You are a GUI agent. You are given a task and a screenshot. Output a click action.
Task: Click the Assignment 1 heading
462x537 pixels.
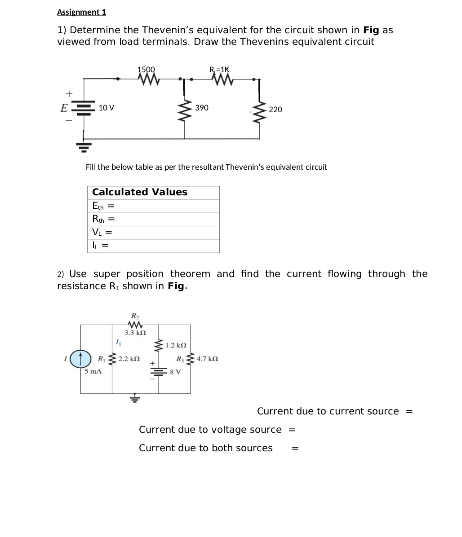coord(81,12)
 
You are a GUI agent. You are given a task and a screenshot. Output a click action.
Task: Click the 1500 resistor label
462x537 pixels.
coord(146,70)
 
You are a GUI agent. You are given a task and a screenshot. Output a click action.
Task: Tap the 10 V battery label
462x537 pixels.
coord(107,108)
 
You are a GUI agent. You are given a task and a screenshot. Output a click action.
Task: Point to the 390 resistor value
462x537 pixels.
coord(202,108)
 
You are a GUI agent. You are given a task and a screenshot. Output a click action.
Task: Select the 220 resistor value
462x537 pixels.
coord(275,110)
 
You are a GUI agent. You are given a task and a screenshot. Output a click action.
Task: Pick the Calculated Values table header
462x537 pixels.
coord(140,192)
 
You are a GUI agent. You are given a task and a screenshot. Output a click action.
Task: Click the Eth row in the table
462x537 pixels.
coord(153,206)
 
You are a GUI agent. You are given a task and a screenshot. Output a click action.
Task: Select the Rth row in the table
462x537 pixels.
coord(153,219)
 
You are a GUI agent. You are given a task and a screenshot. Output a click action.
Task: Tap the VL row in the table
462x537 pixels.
coord(153,232)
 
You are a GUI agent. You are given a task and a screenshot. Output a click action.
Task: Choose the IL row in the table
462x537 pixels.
coord(153,246)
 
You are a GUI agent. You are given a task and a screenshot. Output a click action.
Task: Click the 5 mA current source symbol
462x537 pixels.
coord(81,359)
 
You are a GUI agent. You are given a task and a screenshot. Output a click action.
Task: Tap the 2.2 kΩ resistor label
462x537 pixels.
coord(129,359)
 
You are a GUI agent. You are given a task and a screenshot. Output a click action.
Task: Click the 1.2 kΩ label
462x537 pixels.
coord(176,345)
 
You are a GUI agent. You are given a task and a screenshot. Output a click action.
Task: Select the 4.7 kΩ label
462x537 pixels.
coord(207,359)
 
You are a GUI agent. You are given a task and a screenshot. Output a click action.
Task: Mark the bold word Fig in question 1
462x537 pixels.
coord(371,30)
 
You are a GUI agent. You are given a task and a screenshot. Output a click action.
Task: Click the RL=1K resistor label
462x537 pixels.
coord(219,70)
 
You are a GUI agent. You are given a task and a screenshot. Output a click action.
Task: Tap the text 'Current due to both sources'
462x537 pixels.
coord(205,448)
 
